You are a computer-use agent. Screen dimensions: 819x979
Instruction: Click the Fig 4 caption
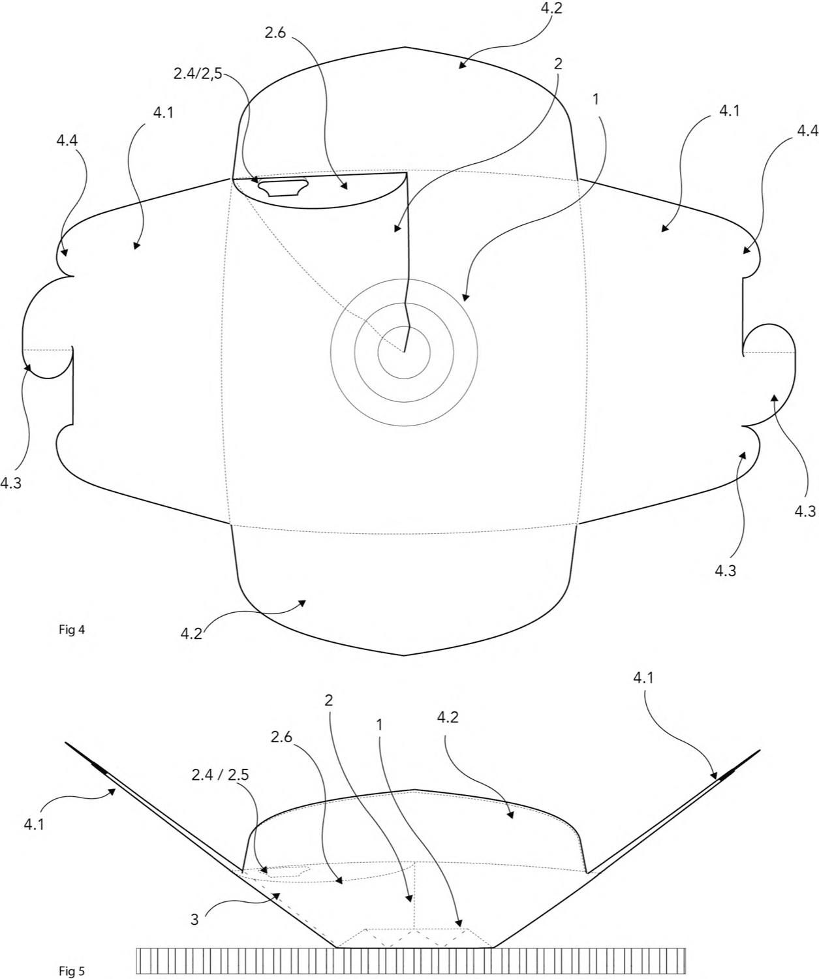tap(72, 629)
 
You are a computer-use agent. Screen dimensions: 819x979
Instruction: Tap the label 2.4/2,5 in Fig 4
tap(198, 74)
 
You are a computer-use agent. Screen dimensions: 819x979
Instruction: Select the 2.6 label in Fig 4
tap(275, 33)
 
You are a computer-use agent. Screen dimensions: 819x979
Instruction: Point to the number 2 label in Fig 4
tap(557, 64)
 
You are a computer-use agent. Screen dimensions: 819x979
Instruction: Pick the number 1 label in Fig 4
tap(595, 99)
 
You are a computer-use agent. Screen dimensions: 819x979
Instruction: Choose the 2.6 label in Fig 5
tap(281, 737)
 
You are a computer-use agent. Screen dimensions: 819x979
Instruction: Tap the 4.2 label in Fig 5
tap(447, 717)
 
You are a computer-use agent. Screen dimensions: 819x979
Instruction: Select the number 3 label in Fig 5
tap(194, 920)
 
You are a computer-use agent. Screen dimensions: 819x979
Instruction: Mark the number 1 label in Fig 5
tap(379, 725)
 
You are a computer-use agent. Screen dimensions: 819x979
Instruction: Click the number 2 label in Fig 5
tap(328, 700)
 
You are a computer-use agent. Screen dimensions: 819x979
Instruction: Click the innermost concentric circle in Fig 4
tap(404, 326)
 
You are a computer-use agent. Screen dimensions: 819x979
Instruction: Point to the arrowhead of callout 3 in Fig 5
tap(277, 895)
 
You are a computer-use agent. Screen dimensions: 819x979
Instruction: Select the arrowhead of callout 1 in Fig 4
tap(465, 297)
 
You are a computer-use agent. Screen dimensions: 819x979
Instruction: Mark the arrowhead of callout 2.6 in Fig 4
tap(345, 186)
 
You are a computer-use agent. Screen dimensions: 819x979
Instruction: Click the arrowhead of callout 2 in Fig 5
tap(410, 898)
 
